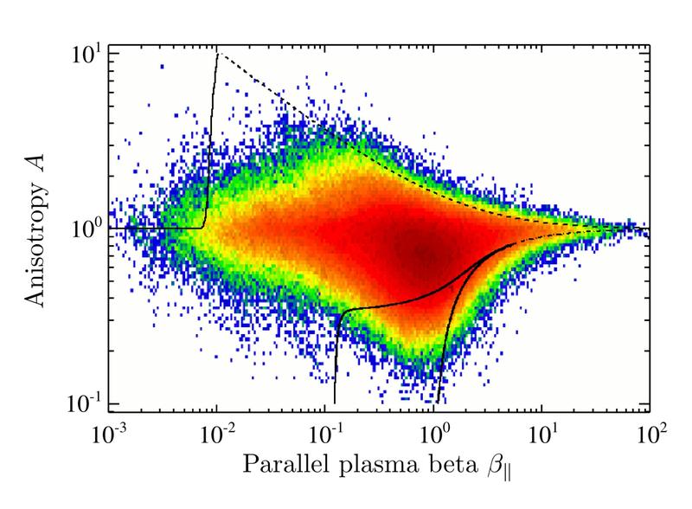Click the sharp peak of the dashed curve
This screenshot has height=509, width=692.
pos(217,54)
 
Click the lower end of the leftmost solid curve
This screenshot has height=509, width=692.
pos(335,402)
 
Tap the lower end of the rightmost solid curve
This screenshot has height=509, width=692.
pos(438,402)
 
